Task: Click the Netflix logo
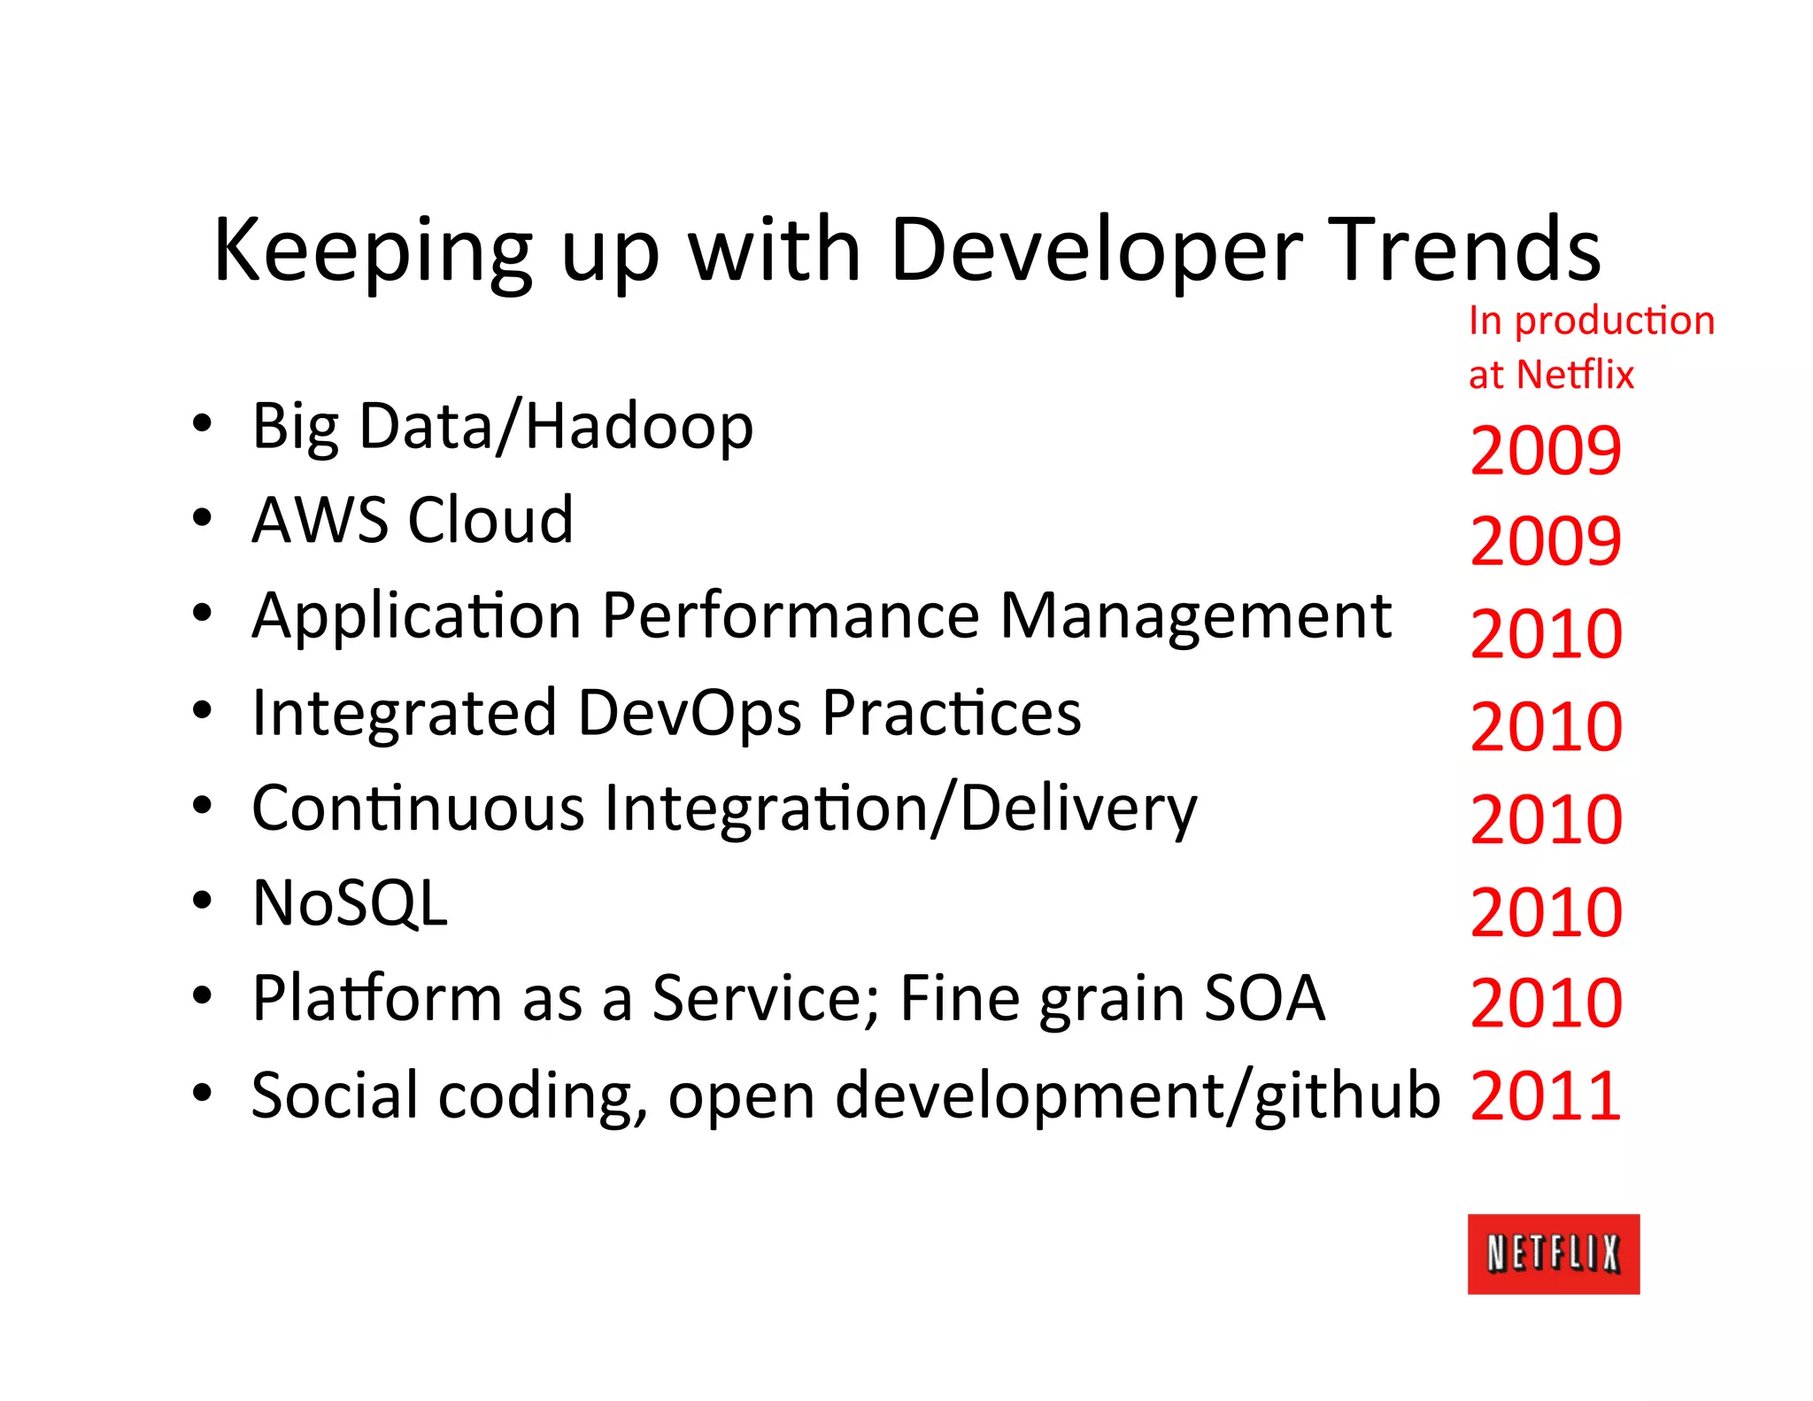click(x=1553, y=1253)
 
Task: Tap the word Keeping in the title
click(x=373, y=252)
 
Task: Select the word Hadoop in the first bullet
click(x=639, y=426)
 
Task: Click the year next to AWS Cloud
click(x=1545, y=541)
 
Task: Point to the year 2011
click(x=1545, y=1096)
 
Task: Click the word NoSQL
click(x=350, y=903)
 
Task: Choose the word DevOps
click(x=690, y=713)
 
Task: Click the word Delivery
click(x=1078, y=809)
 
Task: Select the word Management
click(x=1195, y=615)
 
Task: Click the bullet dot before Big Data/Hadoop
click(x=202, y=424)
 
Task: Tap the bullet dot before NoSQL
click(x=202, y=900)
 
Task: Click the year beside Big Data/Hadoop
click(x=1545, y=451)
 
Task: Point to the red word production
click(x=1614, y=321)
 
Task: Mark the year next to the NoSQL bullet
click(x=1545, y=912)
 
